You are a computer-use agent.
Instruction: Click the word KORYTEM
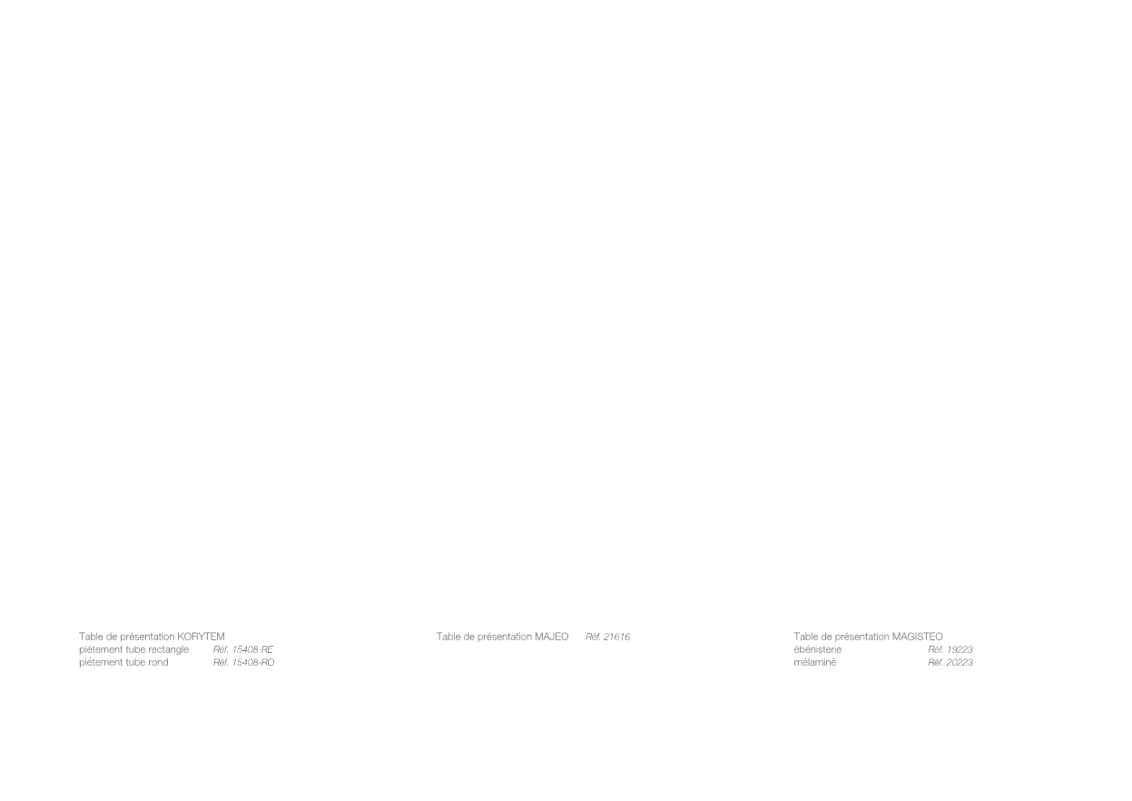coord(201,637)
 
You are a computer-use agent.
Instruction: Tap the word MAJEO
coord(551,637)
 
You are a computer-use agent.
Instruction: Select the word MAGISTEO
coord(917,637)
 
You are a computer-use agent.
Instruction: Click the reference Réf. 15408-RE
coord(243,649)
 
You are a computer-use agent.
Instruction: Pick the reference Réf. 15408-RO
coord(243,662)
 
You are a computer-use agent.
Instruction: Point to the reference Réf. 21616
coord(607,637)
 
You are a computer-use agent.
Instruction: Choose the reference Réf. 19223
coord(950,649)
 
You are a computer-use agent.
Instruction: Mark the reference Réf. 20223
coord(950,662)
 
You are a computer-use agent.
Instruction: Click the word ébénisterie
coord(818,649)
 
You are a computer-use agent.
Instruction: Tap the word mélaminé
coord(815,662)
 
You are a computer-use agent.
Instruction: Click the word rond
coord(158,662)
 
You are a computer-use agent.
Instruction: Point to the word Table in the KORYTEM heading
coord(91,637)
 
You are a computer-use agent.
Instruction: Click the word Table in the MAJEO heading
coord(448,637)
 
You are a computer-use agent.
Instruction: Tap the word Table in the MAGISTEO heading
coord(805,637)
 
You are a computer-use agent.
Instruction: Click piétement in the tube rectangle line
coord(98,650)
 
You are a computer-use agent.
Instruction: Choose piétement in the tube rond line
coord(98,663)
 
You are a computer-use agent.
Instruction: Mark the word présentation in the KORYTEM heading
coord(147,638)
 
